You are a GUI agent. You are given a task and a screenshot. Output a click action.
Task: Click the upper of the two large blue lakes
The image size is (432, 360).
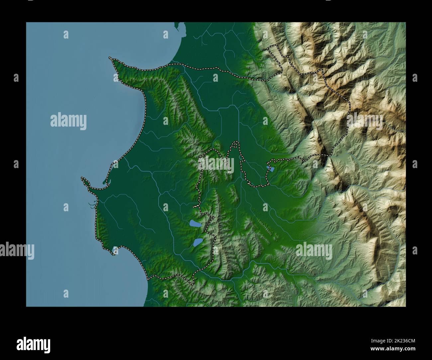click(x=195, y=225)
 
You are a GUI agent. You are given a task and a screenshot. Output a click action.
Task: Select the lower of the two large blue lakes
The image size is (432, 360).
click(x=198, y=242)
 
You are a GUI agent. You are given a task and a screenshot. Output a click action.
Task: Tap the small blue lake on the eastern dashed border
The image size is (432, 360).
click(x=272, y=169)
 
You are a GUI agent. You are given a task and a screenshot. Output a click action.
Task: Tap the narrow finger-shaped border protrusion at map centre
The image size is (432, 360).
click(x=236, y=145)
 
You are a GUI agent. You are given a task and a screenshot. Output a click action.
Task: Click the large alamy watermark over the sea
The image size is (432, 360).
click(x=68, y=122)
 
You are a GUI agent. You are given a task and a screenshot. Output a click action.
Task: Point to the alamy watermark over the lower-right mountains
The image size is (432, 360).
click(x=314, y=250)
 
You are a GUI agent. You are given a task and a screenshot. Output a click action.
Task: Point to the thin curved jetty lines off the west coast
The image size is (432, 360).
click(x=91, y=205)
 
